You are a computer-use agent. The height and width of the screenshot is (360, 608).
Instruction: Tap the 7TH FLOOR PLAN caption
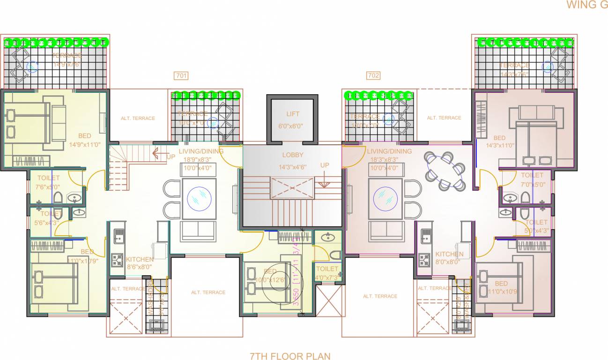(290, 356)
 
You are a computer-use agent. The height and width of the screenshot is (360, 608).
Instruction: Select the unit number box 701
(181, 75)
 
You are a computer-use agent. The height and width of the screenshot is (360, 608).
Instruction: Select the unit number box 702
(373, 75)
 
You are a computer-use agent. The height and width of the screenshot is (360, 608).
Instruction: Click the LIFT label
(292, 114)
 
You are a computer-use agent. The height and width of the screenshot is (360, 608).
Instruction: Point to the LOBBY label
(292, 155)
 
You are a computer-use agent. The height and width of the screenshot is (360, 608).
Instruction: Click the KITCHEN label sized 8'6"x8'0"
(139, 259)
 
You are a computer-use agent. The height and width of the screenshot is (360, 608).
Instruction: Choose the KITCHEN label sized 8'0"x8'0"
(449, 254)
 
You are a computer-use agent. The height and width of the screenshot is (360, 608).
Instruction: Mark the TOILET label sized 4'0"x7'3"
(327, 269)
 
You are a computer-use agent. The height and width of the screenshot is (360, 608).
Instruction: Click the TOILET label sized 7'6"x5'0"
(48, 178)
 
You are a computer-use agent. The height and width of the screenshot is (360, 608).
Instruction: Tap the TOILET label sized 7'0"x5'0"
(532, 175)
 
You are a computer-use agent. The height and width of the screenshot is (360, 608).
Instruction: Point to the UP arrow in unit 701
(160, 153)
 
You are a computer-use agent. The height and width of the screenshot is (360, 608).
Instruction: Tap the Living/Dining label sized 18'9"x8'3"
(200, 151)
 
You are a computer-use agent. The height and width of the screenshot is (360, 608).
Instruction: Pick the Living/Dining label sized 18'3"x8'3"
(389, 151)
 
